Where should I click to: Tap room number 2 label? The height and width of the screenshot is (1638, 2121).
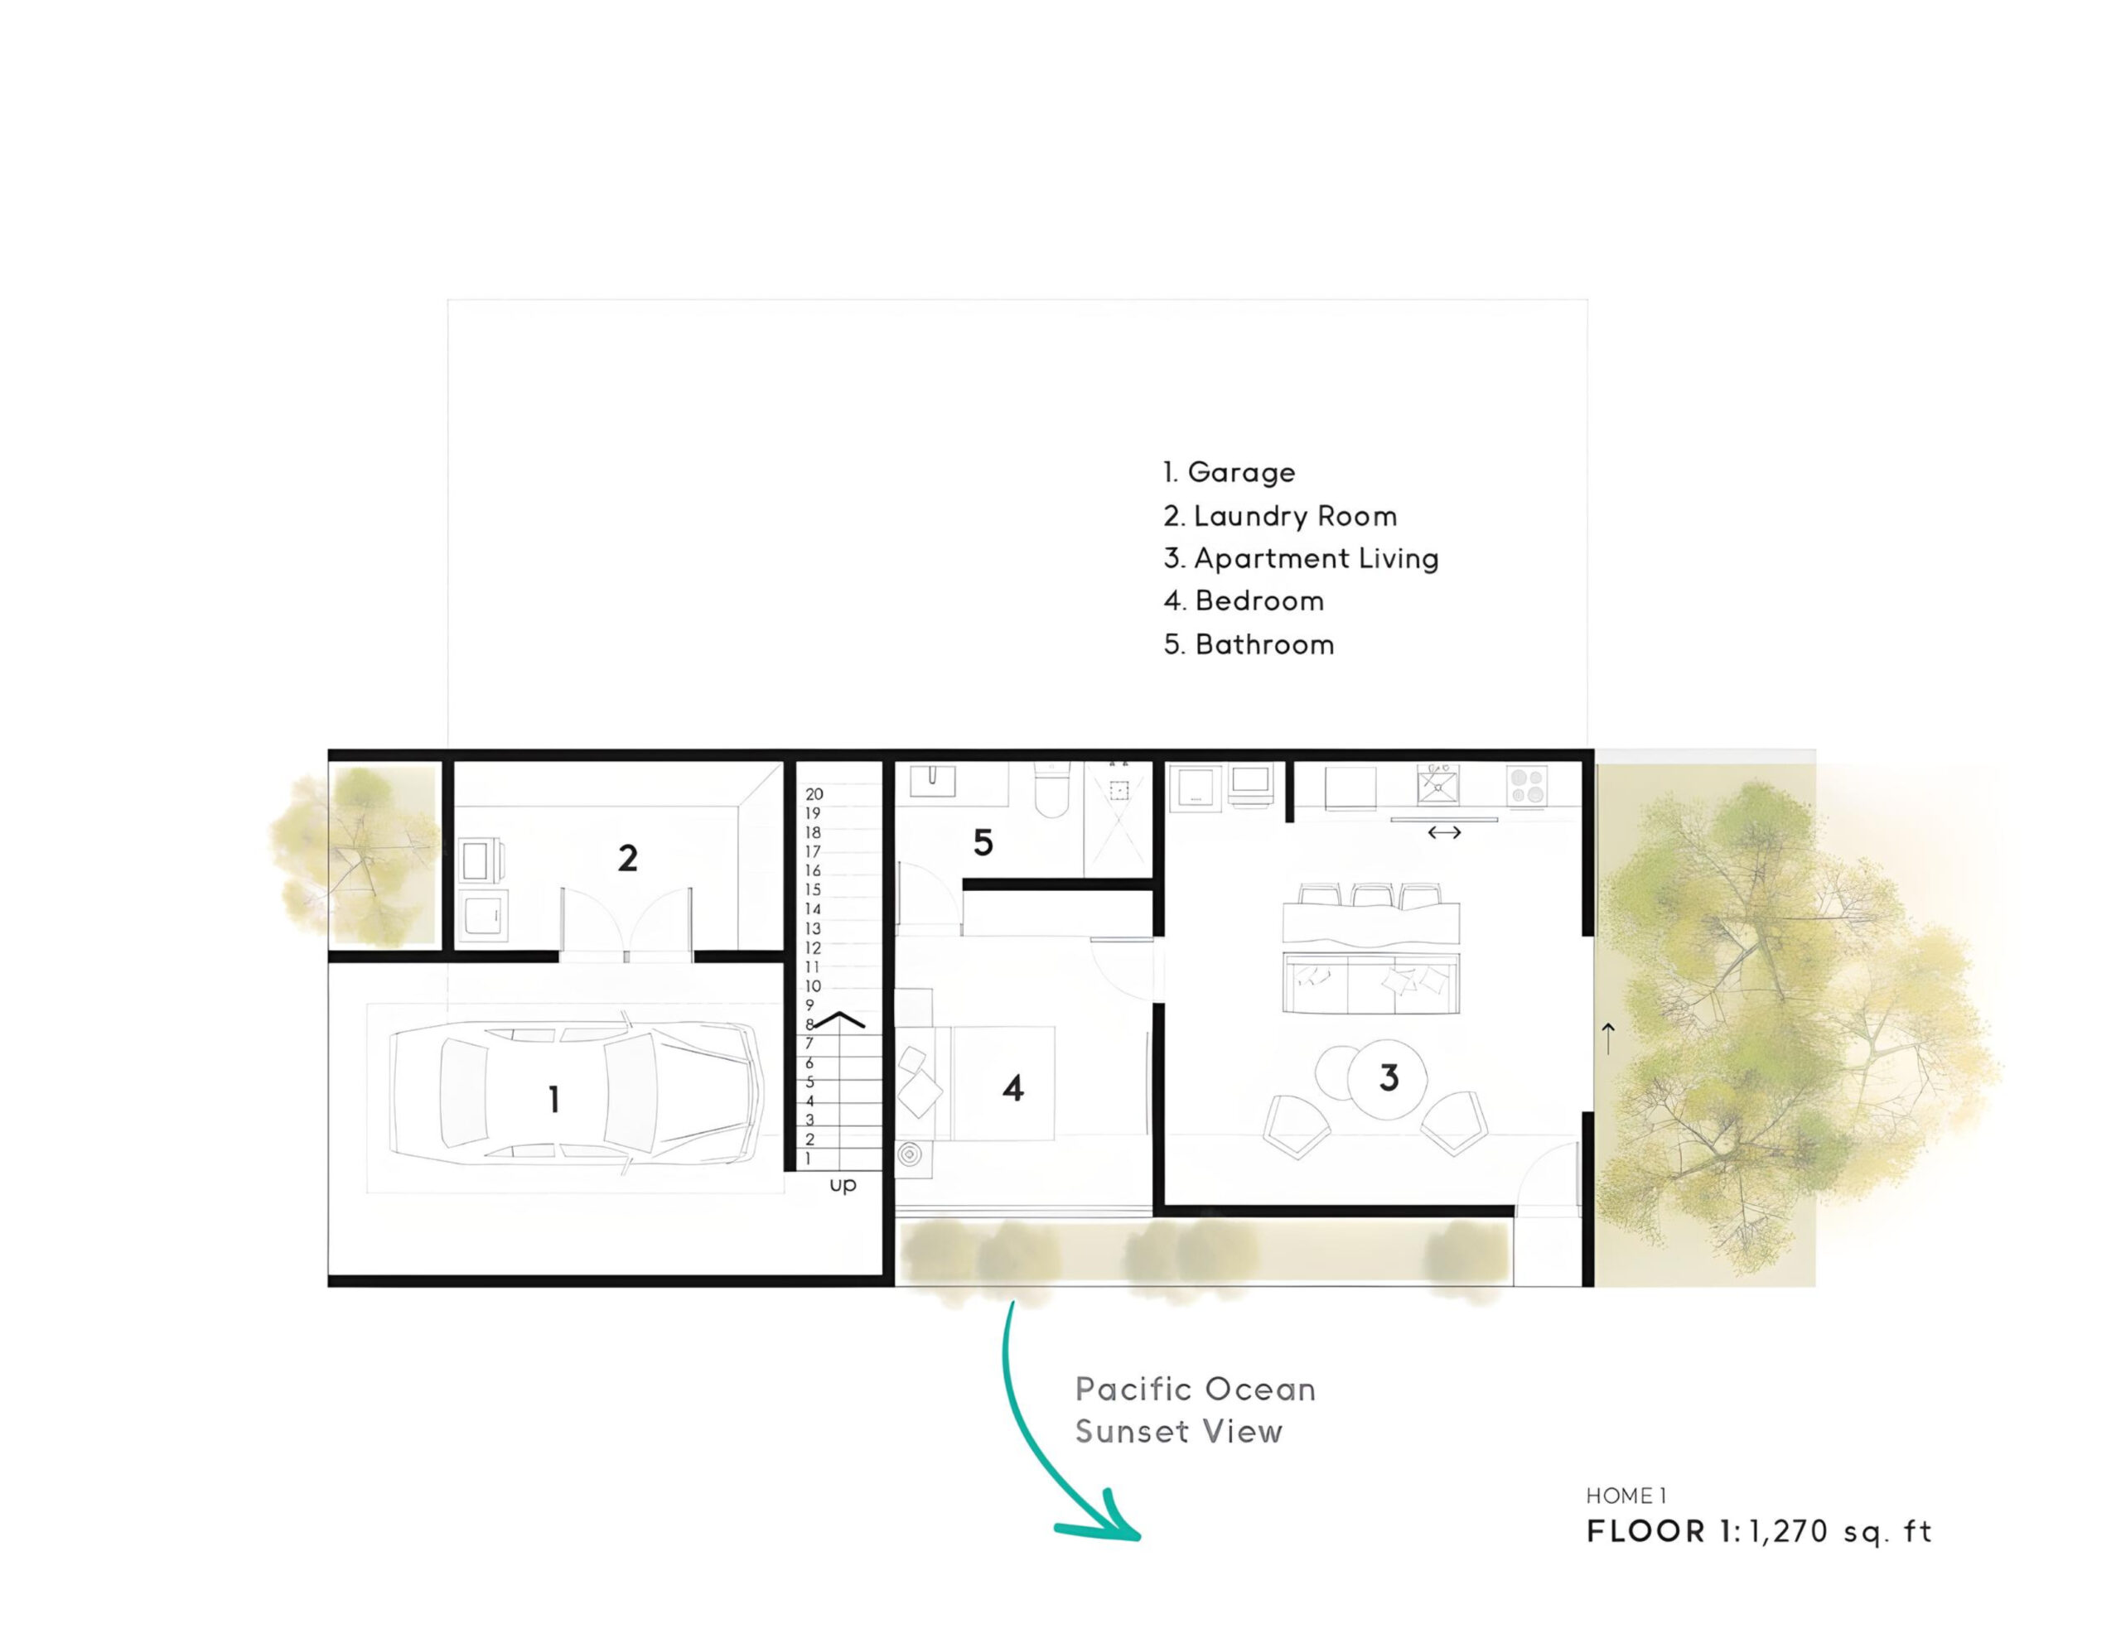pos(627,858)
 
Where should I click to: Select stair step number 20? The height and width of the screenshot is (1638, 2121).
pos(814,794)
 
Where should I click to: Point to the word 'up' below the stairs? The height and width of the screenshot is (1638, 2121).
pos(843,1186)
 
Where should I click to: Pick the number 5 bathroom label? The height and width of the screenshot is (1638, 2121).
pos(983,843)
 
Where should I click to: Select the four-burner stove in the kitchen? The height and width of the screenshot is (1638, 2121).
pos(1527,786)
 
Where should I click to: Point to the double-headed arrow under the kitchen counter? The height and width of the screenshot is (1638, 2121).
pos(1444,832)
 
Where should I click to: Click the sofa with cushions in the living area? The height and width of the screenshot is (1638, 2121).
pos(1371,983)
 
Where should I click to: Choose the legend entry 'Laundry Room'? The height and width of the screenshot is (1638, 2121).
pos(1280,517)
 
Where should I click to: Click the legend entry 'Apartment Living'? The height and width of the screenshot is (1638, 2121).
pos(1302,559)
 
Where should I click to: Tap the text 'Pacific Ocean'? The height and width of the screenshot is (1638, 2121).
pos(1196,1390)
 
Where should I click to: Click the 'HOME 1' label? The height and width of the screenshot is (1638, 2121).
pos(1626,1496)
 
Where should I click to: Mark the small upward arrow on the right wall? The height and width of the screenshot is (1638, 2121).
pos(1608,1038)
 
